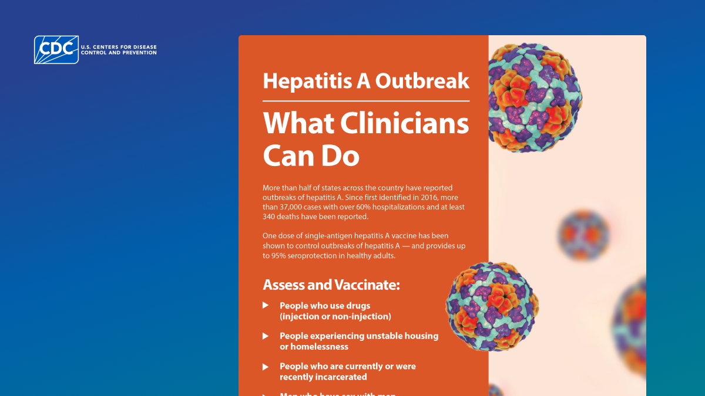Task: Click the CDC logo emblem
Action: click(56, 50)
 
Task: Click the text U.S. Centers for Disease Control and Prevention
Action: click(119, 50)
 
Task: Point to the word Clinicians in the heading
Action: click(405, 124)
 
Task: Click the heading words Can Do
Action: click(311, 156)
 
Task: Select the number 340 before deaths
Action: click(271, 217)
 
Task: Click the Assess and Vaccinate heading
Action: click(331, 285)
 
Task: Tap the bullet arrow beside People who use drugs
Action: click(266, 306)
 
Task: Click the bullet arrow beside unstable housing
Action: click(266, 336)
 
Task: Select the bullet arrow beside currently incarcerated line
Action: click(266, 367)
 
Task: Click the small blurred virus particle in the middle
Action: click(583, 235)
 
